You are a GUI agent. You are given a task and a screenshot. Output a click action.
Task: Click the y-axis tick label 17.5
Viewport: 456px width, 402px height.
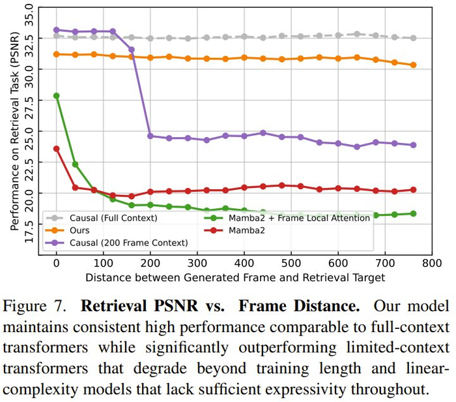27,230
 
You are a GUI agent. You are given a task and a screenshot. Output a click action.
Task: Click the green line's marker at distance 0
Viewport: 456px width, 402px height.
57,96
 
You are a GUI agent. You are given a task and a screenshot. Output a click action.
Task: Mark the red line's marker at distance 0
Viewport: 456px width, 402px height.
57,149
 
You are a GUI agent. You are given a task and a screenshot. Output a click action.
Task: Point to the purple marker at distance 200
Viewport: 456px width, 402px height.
150,136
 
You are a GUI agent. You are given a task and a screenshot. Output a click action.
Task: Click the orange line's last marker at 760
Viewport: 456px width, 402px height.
413,65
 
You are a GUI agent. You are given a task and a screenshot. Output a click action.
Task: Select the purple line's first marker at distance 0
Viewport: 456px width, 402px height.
57,30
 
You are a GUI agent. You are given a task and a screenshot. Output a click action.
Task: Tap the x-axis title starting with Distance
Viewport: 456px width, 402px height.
235,277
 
